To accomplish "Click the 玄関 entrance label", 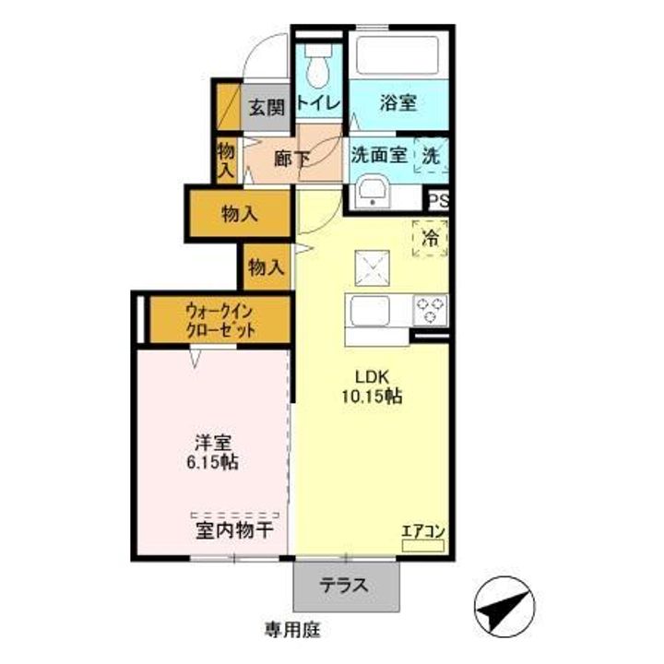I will (x=267, y=107).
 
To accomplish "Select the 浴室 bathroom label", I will (x=397, y=101).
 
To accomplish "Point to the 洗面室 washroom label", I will (x=378, y=155).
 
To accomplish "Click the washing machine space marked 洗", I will (x=432, y=155).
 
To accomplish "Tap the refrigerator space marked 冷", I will (x=430, y=238).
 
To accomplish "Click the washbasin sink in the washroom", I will (x=373, y=194).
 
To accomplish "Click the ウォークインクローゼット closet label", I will (x=219, y=320).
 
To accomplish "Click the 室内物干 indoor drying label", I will (x=235, y=531).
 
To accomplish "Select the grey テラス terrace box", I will (x=348, y=584).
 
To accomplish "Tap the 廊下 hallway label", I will (x=291, y=157).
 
